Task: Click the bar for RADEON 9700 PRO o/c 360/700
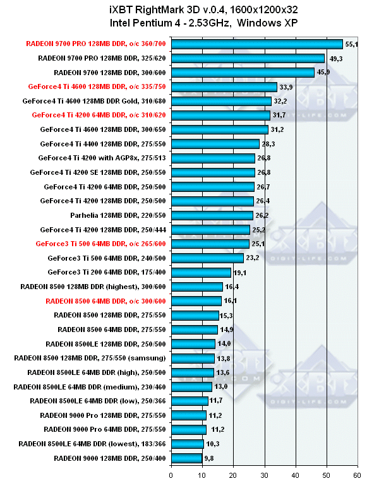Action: (256, 44)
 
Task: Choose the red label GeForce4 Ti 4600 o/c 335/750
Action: (98, 86)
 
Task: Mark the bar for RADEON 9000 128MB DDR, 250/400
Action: (186, 458)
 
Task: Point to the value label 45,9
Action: (324, 73)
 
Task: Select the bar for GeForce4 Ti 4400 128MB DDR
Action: (215, 144)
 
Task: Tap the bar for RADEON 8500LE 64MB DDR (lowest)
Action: (187, 444)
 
